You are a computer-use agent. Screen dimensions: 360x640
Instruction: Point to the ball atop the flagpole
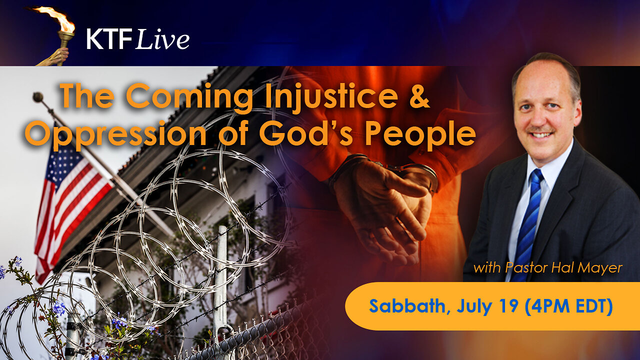click(x=37, y=96)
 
